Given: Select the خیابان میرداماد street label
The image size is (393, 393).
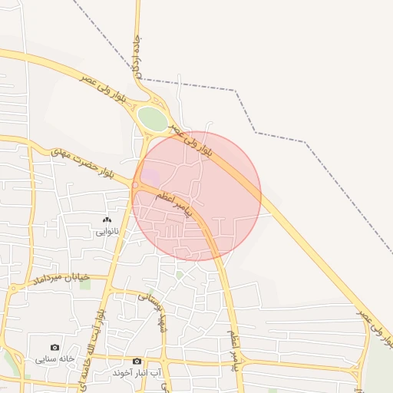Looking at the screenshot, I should coord(60,279).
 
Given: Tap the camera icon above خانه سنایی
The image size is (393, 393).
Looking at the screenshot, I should coord(54,348).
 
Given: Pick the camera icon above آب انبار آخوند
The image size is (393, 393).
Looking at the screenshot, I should coord(137,361).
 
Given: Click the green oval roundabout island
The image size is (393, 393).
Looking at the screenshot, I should coord(152,119).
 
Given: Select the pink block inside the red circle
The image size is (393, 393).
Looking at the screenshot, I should coord(151,177).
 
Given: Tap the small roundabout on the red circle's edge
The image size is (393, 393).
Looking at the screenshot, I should coord(136,185).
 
